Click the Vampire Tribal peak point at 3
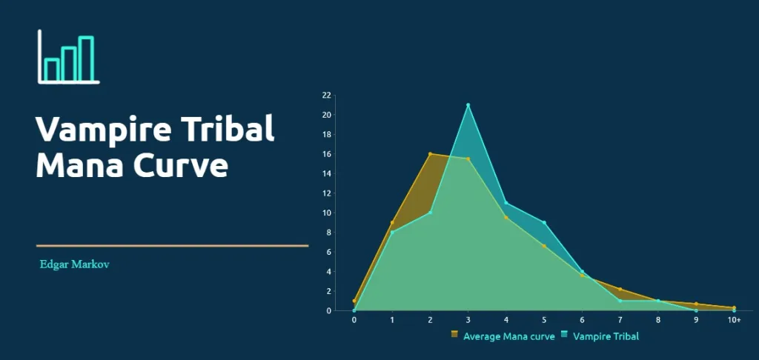point(468,105)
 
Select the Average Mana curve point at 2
point(430,154)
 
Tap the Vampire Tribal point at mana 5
point(545,222)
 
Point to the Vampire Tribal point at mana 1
point(392,233)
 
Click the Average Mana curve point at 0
point(354,301)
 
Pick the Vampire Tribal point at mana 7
point(620,301)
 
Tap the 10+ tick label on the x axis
point(734,321)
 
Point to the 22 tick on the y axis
point(327,96)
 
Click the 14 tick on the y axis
point(327,173)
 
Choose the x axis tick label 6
point(583,321)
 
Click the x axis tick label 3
point(468,321)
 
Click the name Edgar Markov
point(75,264)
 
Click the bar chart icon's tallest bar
point(86,58)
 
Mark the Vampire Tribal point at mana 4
point(506,203)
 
